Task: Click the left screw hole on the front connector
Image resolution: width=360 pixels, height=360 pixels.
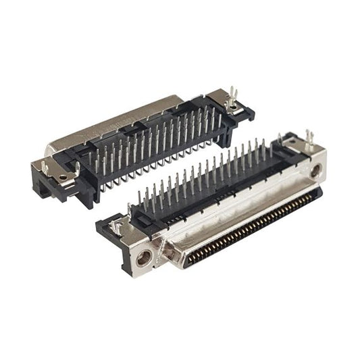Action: pyautogui.click(x=143, y=257)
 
